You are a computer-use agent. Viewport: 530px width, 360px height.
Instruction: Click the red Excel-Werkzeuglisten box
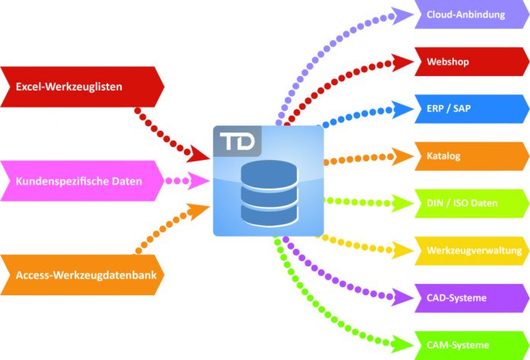(x=82, y=87)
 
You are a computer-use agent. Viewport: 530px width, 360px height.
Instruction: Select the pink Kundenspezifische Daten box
(x=82, y=181)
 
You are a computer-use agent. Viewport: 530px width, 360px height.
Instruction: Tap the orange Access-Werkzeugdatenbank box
(x=82, y=275)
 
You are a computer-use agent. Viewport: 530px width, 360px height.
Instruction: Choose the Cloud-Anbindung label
(x=465, y=14)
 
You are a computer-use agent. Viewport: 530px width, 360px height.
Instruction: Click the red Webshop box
(x=472, y=62)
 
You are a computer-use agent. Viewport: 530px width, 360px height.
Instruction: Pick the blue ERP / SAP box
(x=472, y=109)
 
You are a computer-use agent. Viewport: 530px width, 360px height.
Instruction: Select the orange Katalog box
(x=472, y=156)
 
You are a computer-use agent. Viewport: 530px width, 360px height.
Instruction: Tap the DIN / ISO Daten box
(x=472, y=203)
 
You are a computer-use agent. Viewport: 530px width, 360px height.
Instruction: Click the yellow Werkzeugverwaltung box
(x=472, y=250)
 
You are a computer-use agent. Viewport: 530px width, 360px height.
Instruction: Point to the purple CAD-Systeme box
(x=472, y=298)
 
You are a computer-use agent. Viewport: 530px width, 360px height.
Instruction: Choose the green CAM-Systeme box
(x=472, y=345)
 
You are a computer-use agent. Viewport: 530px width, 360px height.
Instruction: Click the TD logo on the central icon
(x=237, y=141)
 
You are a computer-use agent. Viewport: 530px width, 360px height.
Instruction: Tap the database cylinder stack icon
(x=270, y=193)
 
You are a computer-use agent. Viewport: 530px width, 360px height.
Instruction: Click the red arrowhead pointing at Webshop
(x=402, y=62)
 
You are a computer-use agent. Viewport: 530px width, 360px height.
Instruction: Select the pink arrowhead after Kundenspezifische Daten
(x=198, y=180)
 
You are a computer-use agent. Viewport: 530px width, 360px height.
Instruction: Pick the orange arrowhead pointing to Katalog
(x=402, y=156)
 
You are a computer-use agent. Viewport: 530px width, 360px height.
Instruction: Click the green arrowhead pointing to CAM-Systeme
(x=402, y=345)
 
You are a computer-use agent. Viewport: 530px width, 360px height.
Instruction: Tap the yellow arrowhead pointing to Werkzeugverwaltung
(x=402, y=250)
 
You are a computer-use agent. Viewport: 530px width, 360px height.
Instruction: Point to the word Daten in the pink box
(x=126, y=181)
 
